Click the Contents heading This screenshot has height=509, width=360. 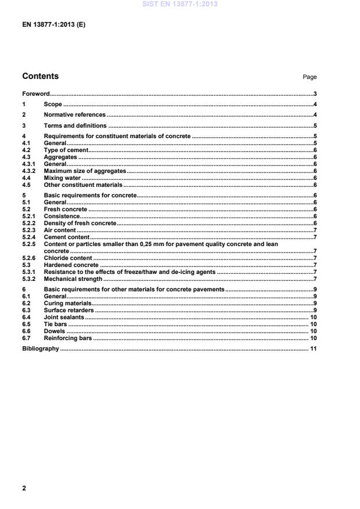(40, 76)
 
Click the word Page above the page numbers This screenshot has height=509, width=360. (309, 77)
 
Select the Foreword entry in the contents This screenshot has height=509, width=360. (35, 93)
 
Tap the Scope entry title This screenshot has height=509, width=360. (53, 104)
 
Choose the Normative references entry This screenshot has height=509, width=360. (74, 115)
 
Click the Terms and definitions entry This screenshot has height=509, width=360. (75, 125)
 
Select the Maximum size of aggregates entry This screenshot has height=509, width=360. (85, 171)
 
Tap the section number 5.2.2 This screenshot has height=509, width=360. (28, 223)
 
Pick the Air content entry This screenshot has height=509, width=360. (60, 230)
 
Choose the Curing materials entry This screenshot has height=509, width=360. (67, 303)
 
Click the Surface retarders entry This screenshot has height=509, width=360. (69, 310)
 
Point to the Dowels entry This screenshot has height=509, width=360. (54, 331)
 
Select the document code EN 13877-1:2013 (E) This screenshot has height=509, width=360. (53, 25)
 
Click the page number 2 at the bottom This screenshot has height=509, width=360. (24, 488)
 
